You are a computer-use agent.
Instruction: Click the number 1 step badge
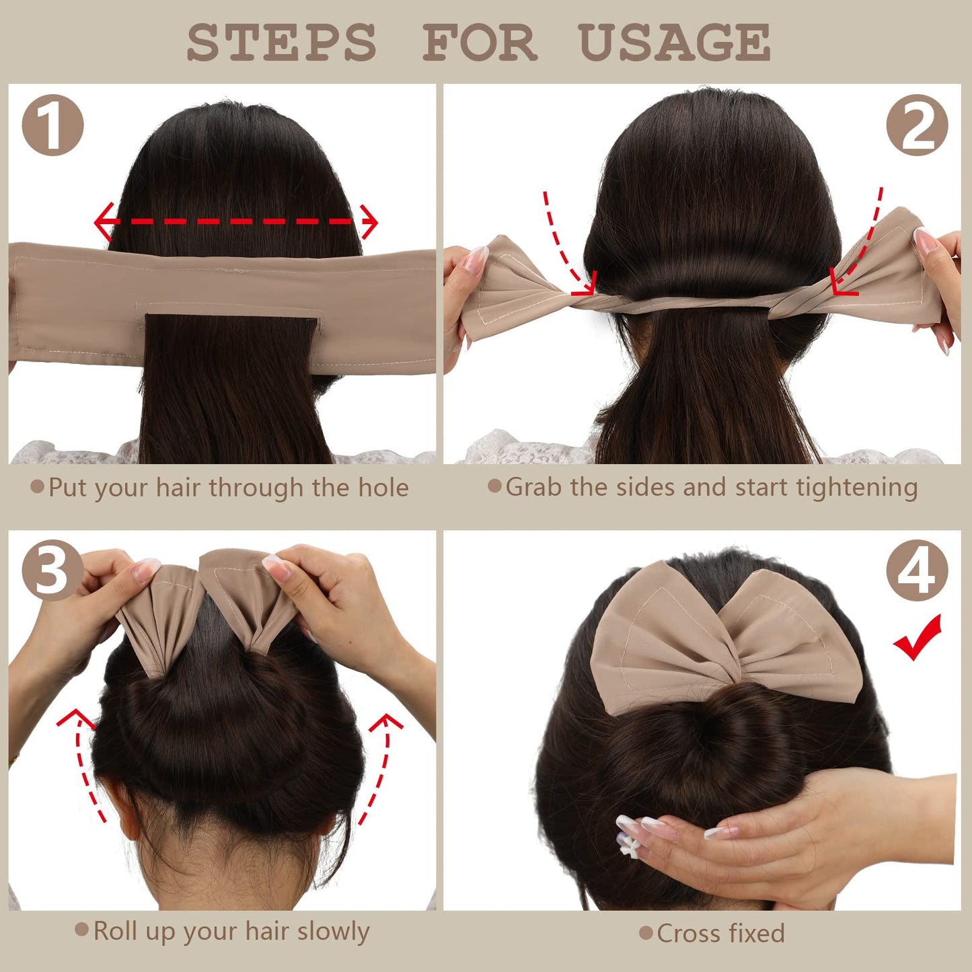click(52, 125)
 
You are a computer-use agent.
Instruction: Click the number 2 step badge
click(917, 125)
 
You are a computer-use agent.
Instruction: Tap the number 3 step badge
click(52, 571)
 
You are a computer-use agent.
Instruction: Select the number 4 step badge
click(917, 571)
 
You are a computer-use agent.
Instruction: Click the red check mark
click(918, 638)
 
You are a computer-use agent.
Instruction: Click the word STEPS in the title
click(281, 42)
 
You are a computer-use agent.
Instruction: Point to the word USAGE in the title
click(675, 42)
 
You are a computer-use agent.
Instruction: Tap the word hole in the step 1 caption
click(383, 487)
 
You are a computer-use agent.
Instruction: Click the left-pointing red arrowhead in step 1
click(104, 222)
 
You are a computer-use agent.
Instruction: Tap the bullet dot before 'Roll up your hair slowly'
click(81, 929)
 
